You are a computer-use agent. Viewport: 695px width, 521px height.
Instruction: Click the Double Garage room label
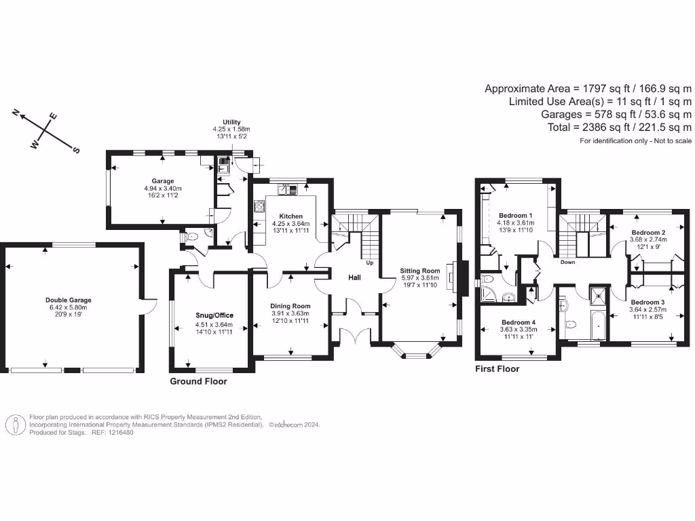coord(68,300)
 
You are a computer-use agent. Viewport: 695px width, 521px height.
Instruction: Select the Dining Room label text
coord(290,306)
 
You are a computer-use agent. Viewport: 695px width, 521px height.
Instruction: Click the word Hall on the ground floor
coord(354,278)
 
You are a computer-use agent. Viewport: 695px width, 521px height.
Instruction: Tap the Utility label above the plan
coord(231,122)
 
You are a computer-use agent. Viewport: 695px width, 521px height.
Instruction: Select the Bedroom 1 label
coord(515,216)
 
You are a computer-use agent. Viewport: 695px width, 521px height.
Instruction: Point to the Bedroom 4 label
coord(519,322)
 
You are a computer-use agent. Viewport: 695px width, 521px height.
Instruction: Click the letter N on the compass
coord(16,113)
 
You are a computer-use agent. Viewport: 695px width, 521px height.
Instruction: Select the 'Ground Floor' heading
coord(198,381)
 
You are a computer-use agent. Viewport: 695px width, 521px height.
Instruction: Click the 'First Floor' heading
coord(497,369)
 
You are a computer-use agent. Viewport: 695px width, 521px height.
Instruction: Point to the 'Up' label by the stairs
coord(370,263)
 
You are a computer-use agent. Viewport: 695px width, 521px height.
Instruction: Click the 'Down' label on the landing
coord(568,262)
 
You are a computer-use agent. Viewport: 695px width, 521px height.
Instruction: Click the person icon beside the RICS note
coord(16,425)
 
